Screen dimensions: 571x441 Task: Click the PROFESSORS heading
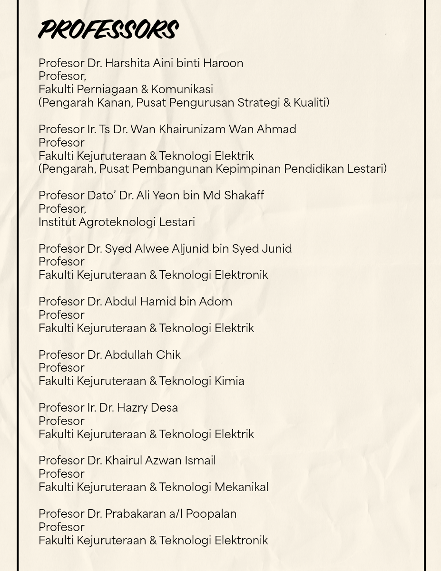point(108,30)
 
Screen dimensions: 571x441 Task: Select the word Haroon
point(223,63)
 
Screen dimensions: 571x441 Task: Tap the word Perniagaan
point(114,89)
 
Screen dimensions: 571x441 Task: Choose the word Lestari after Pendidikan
point(367,169)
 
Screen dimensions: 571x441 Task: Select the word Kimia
point(229,381)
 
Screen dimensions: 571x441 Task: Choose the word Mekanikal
point(241,487)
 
